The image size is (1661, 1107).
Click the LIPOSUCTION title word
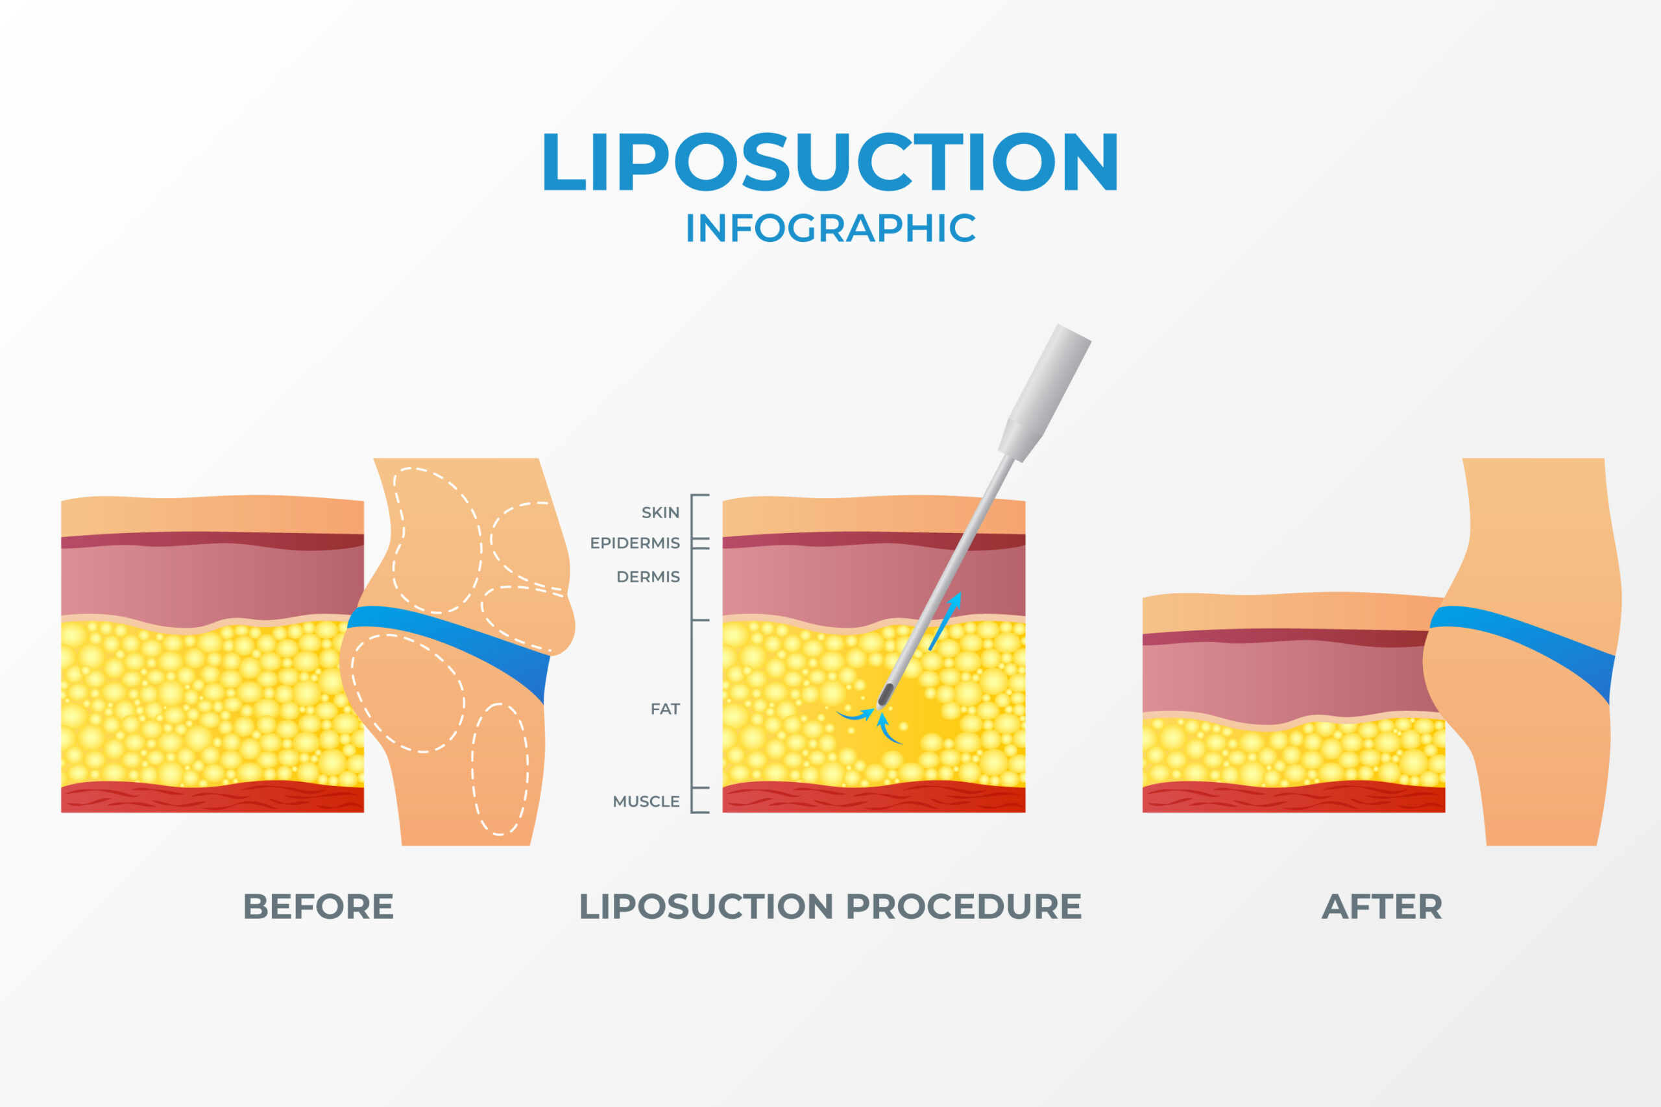point(830,161)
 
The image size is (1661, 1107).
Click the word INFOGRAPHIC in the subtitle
point(830,228)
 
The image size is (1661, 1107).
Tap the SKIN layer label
point(660,512)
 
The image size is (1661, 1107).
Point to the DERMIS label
point(648,577)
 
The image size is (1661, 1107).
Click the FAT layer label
point(664,709)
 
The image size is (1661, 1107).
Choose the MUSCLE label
point(646,802)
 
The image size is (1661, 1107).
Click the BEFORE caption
point(318,907)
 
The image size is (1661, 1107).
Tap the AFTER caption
point(1382,907)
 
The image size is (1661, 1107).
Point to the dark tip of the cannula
point(885,694)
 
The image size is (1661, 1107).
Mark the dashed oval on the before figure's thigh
point(500,770)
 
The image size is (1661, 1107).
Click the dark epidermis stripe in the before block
point(212,541)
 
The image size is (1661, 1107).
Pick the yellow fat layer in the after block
point(1292,752)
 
